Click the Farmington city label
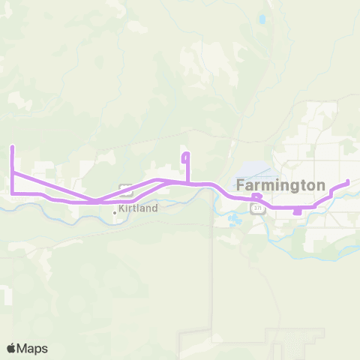coord(280,184)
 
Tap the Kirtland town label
coord(138,208)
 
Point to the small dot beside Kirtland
coord(115,212)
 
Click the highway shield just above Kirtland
coord(126,189)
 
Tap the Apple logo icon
coord(12,348)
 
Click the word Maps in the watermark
coord(33,348)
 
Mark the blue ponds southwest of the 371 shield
coord(233,220)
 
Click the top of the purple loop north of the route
coord(186,154)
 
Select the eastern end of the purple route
coord(348,182)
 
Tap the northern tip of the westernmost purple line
coord(12,148)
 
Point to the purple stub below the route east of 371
coord(297,211)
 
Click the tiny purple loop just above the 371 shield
coord(257,199)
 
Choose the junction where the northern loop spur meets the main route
coord(186,182)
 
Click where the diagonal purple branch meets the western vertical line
coord(13,173)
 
